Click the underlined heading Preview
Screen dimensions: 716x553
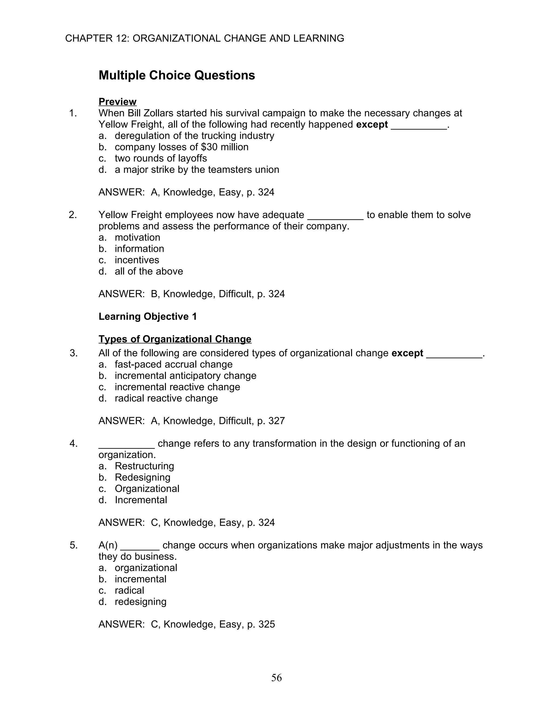(117, 102)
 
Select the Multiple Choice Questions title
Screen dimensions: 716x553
(177, 75)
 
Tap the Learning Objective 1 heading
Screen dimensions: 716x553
(147, 316)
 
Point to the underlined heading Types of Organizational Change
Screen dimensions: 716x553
(175, 339)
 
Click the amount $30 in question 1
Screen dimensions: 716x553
(209, 147)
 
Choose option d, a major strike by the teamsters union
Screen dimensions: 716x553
(197, 169)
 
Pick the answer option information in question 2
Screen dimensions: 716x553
(139, 249)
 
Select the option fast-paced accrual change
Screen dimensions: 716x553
(173, 364)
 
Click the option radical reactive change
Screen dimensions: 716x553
(166, 398)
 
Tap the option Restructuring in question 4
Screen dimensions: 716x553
(144, 466)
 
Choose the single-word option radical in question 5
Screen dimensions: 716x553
(129, 590)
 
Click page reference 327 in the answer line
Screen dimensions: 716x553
(276, 421)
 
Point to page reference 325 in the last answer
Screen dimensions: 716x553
(266, 624)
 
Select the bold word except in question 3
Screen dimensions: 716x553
(407, 353)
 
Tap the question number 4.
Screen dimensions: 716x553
(73, 444)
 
